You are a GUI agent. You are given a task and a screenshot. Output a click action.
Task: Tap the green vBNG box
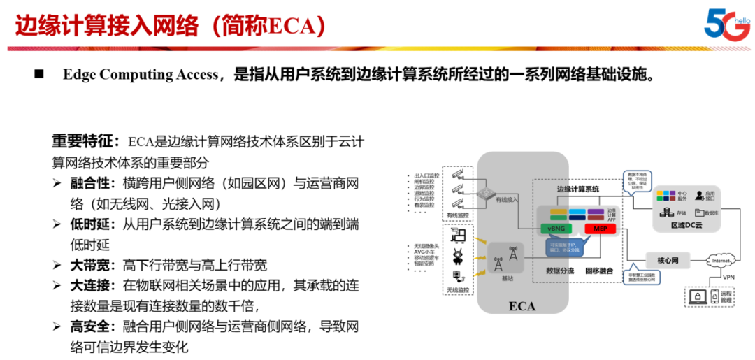pyautogui.click(x=557, y=229)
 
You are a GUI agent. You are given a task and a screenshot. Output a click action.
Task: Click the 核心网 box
pyautogui.click(x=668, y=261)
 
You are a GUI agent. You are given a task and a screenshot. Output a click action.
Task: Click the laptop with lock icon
pyautogui.click(x=698, y=297)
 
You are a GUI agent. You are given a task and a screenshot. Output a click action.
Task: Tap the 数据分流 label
pyautogui.click(x=560, y=270)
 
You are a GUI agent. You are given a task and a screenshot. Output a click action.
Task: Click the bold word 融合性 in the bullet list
pyautogui.click(x=91, y=184)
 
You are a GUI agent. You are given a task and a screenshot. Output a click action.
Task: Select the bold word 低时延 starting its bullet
pyautogui.click(x=91, y=224)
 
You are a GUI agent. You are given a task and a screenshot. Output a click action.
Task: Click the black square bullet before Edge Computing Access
pyautogui.click(x=39, y=74)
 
